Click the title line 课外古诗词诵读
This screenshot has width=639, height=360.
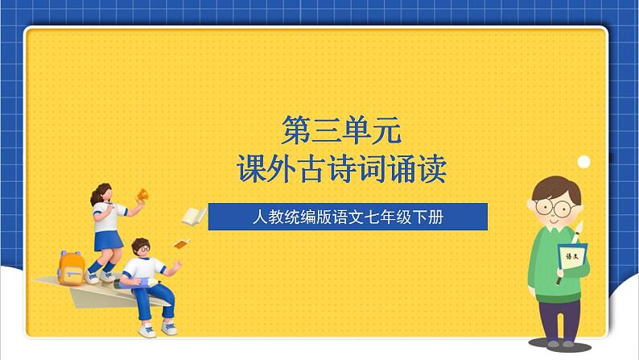click(341, 168)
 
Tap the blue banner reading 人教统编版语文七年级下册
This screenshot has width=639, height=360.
click(348, 217)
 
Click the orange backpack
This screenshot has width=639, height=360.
click(72, 267)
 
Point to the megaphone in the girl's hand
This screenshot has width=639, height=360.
click(143, 196)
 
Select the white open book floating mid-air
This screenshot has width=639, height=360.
click(193, 215)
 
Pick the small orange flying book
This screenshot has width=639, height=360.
click(183, 243)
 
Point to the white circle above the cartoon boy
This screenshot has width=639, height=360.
click(583, 162)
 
